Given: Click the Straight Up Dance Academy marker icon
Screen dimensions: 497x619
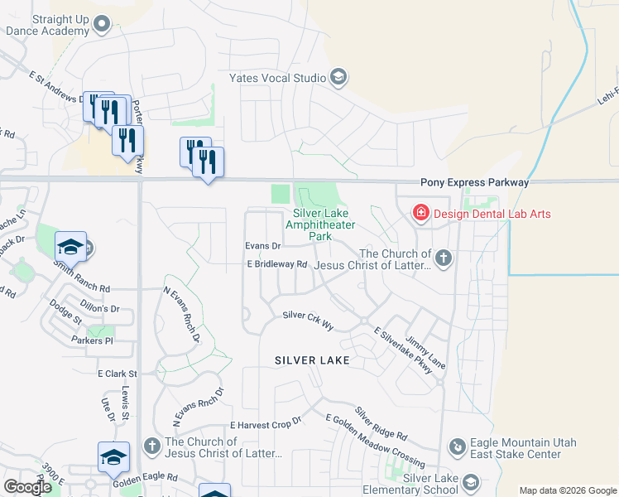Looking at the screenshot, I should tap(102, 24).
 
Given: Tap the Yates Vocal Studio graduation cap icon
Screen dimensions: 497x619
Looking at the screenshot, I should tap(338, 79).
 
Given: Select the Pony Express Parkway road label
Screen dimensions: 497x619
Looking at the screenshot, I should tap(473, 182).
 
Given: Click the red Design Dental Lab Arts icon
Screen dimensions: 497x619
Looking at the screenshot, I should tap(420, 214).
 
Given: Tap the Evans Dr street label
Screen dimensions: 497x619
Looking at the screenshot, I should tap(263, 246).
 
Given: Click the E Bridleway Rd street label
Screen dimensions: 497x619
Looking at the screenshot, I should tap(276, 264).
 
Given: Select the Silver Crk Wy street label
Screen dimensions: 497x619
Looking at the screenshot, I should tap(308, 316).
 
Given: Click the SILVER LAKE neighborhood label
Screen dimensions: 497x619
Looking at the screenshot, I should tap(312, 360).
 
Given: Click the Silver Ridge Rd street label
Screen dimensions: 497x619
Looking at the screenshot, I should tap(381, 423).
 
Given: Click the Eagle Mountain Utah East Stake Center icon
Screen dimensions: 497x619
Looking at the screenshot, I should tap(456, 447).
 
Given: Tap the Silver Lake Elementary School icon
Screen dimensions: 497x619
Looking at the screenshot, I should tap(471, 482).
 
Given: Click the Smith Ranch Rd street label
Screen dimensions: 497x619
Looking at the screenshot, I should tap(81, 277).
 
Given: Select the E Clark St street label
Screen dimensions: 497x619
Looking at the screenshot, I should tap(117, 374).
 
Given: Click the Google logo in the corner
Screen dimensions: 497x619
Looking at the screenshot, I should tap(27, 487).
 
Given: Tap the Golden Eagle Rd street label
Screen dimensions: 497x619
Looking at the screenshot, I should tap(146, 478).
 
